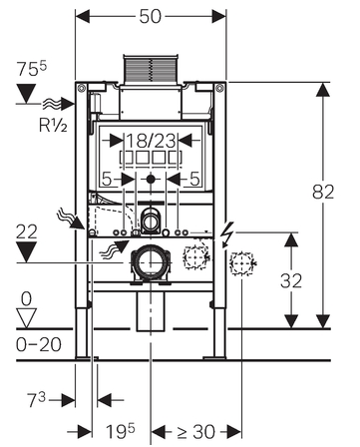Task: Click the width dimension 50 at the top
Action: (151, 16)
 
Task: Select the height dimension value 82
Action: (323, 192)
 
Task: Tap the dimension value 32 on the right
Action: (291, 281)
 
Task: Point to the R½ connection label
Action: (54, 125)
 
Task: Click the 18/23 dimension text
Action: (152, 141)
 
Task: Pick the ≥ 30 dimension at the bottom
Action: (196, 432)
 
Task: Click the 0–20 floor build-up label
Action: (39, 344)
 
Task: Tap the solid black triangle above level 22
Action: (27, 251)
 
